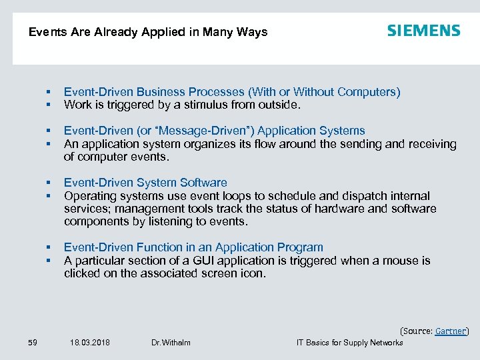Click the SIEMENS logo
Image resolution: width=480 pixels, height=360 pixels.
[x=423, y=31]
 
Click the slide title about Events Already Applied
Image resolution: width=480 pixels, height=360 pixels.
[x=148, y=32]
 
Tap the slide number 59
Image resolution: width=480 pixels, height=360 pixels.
[x=33, y=343]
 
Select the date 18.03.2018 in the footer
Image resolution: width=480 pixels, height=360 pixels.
[x=90, y=343]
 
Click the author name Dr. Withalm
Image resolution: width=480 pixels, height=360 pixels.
[x=171, y=343]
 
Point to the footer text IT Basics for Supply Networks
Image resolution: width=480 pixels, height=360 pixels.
[x=349, y=343]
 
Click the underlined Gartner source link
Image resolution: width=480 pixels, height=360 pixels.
[x=451, y=331]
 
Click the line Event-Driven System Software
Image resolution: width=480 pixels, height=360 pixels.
[x=145, y=183]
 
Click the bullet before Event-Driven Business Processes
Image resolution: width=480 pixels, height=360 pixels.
[x=49, y=93]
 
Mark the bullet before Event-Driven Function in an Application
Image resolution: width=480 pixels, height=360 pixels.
[x=49, y=248]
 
